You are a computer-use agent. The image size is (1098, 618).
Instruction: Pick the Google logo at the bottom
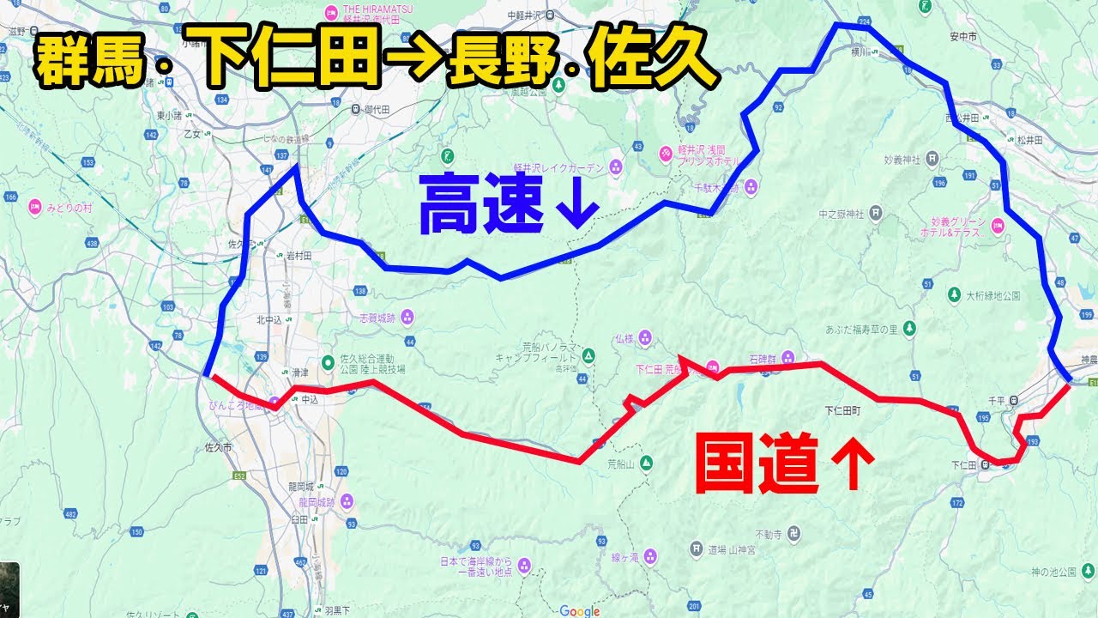[x=580, y=611]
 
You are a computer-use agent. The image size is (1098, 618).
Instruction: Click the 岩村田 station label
[x=299, y=254]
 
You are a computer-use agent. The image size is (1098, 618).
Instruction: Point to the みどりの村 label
[x=69, y=207]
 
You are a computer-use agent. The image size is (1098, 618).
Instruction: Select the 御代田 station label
[x=377, y=109]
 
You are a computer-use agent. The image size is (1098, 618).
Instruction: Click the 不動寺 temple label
[x=768, y=532]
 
